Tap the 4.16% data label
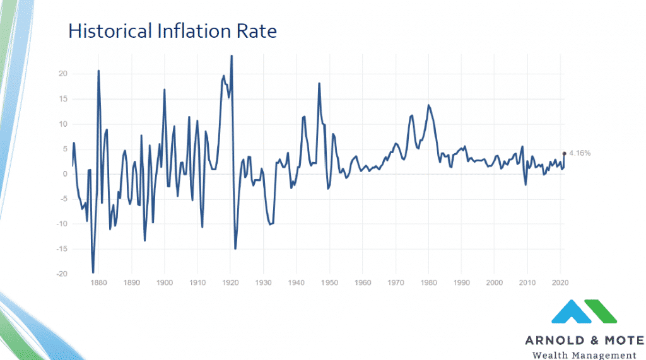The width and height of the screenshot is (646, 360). (580, 153)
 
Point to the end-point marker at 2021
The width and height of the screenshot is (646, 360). (564, 153)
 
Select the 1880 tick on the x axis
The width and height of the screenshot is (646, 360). (98, 283)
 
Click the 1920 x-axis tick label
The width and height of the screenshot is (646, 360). (230, 283)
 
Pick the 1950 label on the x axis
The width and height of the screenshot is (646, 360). (329, 283)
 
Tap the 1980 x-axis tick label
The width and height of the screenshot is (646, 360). (428, 283)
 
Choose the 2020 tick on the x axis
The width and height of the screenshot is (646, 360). (560, 283)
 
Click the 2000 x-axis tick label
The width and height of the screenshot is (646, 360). (495, 283)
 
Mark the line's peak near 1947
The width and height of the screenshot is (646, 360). (319, 83)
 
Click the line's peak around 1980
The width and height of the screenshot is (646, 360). (429, 105)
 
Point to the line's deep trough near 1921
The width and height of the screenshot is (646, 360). (235, 248)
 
